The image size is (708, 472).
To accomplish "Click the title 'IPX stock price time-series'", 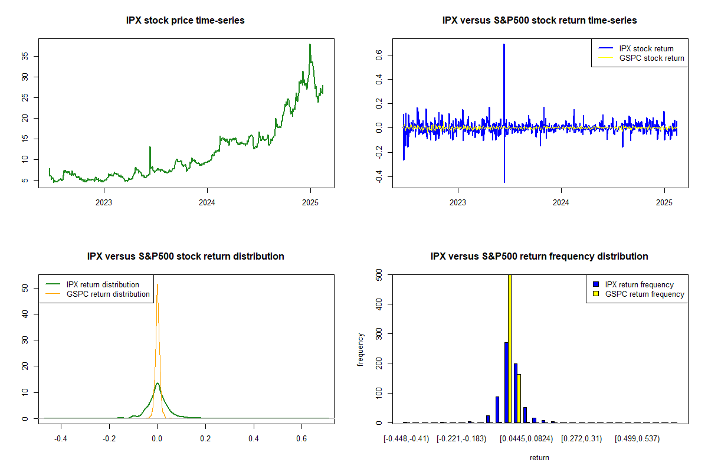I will [x=185, y=21].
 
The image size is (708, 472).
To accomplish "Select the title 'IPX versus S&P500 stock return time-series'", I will [x=539, y=21].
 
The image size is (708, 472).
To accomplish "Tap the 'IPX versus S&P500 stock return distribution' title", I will [x=185, y=257].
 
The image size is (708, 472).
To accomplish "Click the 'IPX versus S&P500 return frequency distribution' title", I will [x=539, y=257].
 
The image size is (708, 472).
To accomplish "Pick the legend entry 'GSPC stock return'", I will [x=651, y=58].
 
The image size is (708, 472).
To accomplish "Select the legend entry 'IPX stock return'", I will [x=646, y=49].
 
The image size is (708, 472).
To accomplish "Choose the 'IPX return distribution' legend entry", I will [x=103, y=285].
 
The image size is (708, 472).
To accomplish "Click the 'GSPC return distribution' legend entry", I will [x=108, y=294].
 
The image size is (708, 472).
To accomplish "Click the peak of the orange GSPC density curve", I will [x=157, y=284].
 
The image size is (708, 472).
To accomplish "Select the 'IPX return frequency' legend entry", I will [x=639, y=285].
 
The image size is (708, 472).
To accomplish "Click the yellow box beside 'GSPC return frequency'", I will [x=596, y=294].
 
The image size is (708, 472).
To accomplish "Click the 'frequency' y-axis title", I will [x=361, y=349].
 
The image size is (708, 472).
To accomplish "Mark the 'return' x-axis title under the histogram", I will [x=539, y=457].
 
